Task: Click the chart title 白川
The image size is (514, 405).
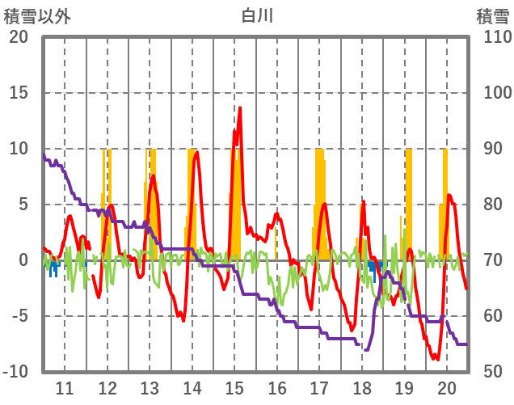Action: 258,15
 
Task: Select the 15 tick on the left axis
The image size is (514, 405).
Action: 19,92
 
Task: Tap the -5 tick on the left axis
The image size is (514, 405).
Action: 19,315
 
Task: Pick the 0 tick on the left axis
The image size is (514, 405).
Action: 23,259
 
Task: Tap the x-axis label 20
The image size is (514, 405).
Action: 446,387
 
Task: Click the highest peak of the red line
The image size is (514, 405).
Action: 240,108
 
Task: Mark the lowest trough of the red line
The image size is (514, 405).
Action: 436,359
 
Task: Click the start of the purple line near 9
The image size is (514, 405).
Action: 44,155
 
